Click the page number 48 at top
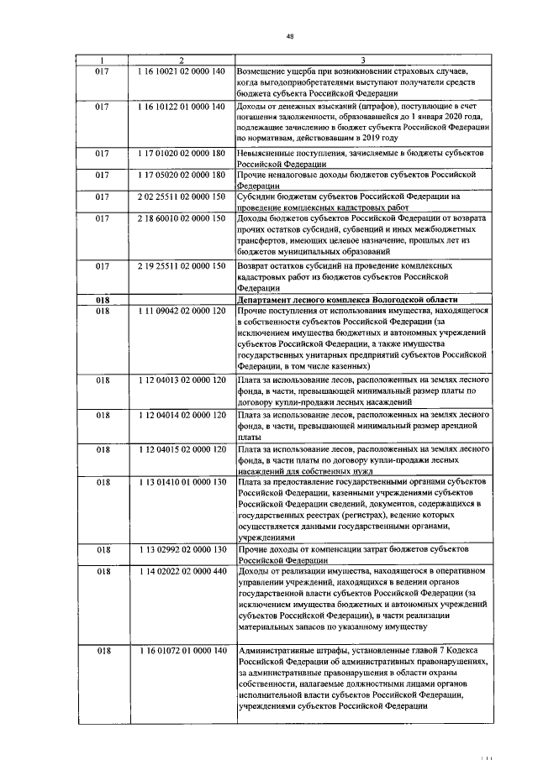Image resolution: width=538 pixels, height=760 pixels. (290, 36)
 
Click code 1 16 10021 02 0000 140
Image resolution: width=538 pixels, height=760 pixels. (182, 71)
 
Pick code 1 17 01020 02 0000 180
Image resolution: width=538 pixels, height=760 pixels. (182, 154)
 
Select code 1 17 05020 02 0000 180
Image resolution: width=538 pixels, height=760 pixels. (182, 175)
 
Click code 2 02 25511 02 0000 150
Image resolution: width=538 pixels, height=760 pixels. (182, 197)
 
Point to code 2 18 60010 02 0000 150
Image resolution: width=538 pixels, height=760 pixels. (182, 218)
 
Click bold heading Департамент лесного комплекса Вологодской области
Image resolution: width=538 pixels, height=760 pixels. (347, 299)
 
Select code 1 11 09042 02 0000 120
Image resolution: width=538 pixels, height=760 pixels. (182, 311)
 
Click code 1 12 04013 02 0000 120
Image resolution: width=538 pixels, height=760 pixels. (182, 380)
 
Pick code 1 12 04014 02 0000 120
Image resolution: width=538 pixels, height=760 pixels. (182, 415)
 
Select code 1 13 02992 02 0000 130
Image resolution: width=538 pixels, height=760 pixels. (182, 549)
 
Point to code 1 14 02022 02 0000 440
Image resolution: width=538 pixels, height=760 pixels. (182, 571)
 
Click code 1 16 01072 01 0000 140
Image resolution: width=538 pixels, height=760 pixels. (182, 651)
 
